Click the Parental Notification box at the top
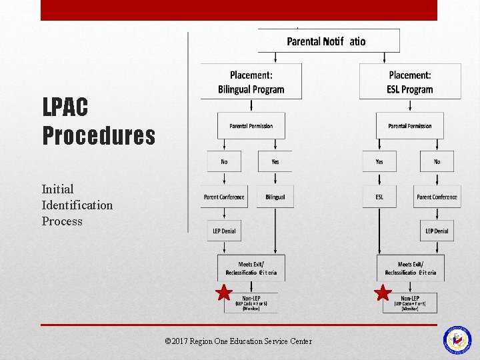329,41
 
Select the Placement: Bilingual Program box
251,82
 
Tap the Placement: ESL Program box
409,82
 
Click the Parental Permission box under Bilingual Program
251,126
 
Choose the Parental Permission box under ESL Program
409,126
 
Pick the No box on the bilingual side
224,161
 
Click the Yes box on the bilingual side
275,161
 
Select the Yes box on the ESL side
379,161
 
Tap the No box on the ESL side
437,161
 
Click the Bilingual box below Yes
275,197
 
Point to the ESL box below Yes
379,197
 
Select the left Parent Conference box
224,197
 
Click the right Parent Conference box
437,197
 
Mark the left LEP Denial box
224,231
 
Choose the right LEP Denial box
437,231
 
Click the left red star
224,293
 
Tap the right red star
383,293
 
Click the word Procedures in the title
99,135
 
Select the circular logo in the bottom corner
457,339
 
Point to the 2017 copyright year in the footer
180,341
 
